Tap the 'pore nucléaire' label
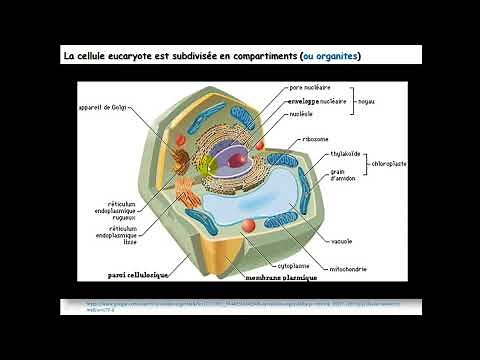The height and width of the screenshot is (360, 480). [x=310, y=88]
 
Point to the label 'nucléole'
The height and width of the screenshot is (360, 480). [x=302, y=114]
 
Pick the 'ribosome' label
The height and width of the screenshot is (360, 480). [x=315, y=139]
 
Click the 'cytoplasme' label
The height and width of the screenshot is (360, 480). [x=292, y=266]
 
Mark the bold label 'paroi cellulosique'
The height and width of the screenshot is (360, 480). [x=136, y=274]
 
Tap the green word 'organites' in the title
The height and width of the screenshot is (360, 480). [x=334, y=54]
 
